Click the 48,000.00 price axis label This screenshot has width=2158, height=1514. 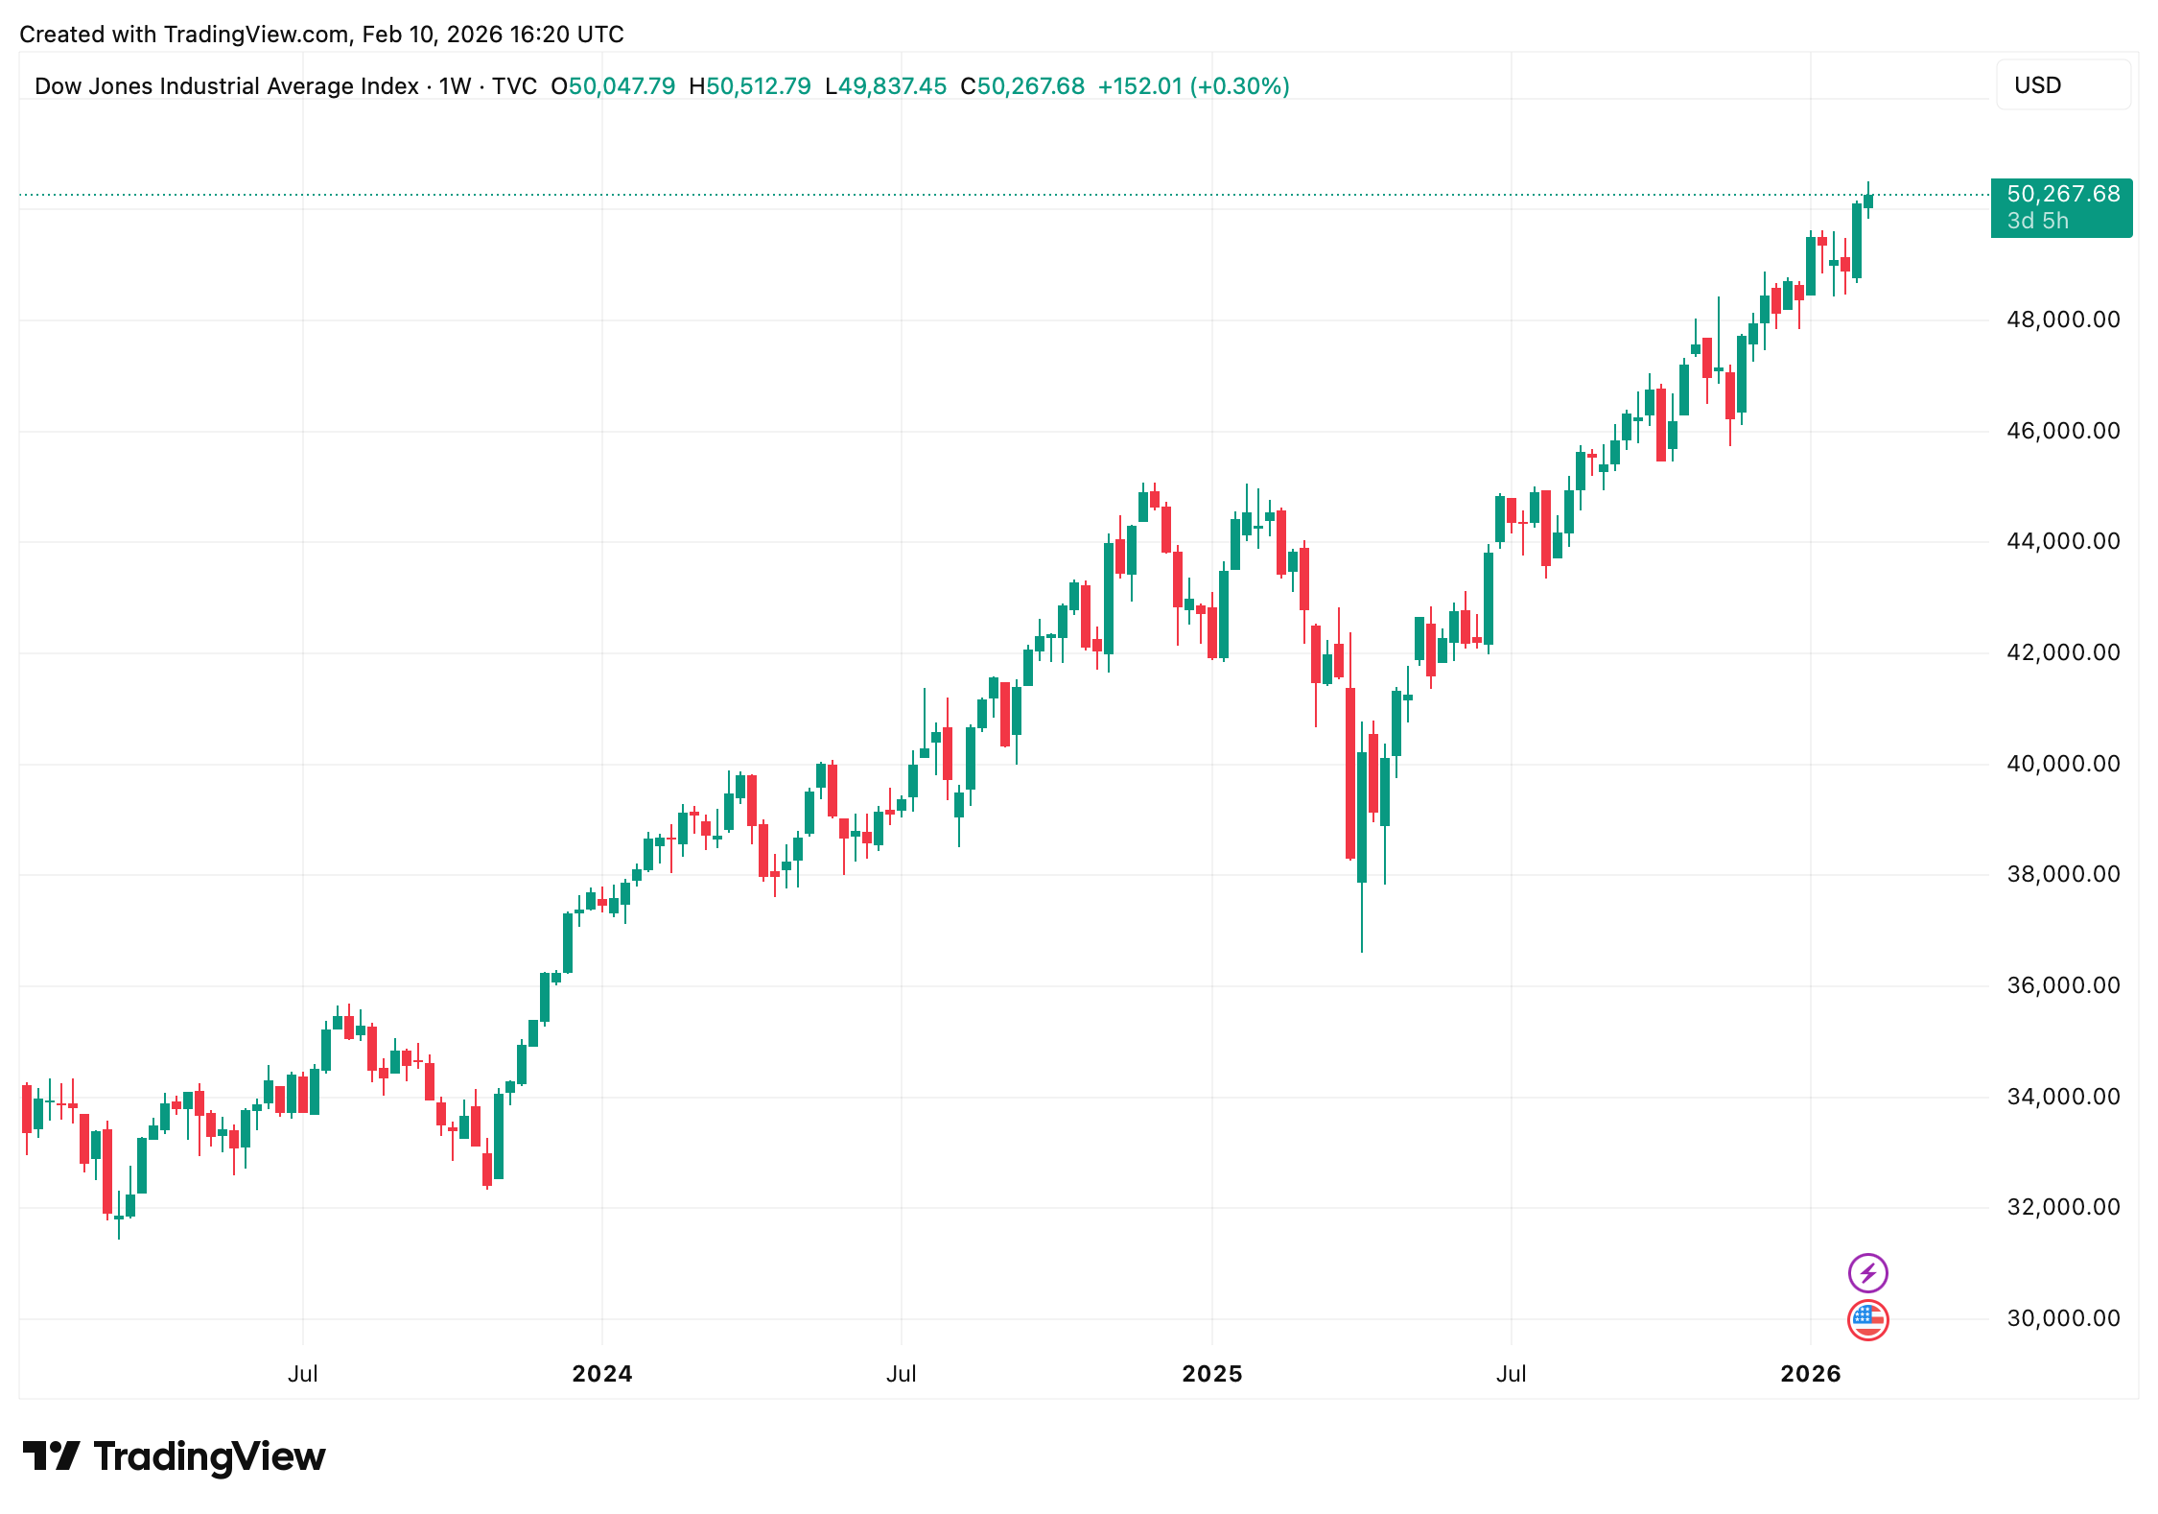[2062, 319]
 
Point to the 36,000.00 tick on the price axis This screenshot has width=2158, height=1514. [2062, 985]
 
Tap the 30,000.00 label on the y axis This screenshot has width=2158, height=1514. [2062, 1318]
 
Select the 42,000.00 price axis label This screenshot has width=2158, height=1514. [2062, 652]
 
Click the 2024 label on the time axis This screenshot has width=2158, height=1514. [601, 1374]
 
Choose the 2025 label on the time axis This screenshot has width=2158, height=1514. [1211, 1374]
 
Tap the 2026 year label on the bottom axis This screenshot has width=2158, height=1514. [1810, 1374]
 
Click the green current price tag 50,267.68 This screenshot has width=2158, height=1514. [2061, 206]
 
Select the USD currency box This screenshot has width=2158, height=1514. [2062, 85]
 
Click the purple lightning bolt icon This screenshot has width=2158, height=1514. [1867, 1273]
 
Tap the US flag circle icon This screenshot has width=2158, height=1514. [1867, 1319]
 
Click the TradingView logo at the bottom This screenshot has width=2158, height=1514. [174, 1456]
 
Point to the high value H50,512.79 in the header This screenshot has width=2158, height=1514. [750, 86]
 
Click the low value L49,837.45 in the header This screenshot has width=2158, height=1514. [885, 86]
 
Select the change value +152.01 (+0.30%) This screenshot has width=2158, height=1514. [1193, 86]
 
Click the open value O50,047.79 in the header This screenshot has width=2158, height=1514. [613, 86]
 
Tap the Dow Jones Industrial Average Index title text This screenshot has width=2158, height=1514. [226, 86]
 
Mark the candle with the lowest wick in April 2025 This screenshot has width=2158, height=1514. [1362, 816]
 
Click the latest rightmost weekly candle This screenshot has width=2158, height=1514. [1868, 201]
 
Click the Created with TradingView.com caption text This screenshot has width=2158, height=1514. [321, 35]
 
